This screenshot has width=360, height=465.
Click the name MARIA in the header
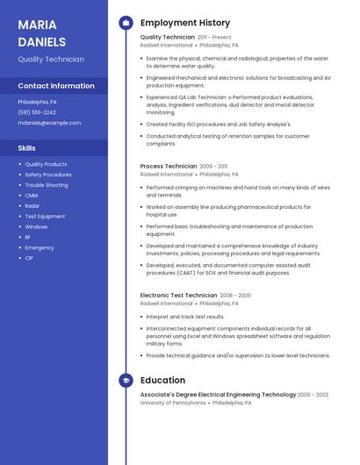(x=37, y=25)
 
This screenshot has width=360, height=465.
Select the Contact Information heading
(x=56, y=86)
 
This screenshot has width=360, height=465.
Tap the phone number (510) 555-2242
(x=37, y=112)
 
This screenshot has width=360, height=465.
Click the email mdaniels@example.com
(x=49, y=123)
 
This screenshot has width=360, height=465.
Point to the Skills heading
(x=27, y=148)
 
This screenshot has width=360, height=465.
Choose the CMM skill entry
(x=32, y=196)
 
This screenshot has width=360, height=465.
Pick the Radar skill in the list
(x=32, y=206)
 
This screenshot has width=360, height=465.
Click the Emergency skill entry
(x=40, y=247)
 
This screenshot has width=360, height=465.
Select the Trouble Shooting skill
(x=47, y=185)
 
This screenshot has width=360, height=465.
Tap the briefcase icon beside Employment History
(x=125, y=23)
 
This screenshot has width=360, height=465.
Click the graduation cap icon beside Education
(x=125, y=380)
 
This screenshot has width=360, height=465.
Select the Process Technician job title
(x=169, y=166)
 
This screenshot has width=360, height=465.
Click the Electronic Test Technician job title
(x=178, y=296)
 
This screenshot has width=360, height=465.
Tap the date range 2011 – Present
(x=214, y=38)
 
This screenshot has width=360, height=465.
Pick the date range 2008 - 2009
(x=235, y=296)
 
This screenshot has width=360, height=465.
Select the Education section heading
(x=162, y=380)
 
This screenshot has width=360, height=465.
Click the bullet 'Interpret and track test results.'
(x=185, y=317)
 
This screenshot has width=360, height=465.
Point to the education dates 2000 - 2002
(x=313, y=395)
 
